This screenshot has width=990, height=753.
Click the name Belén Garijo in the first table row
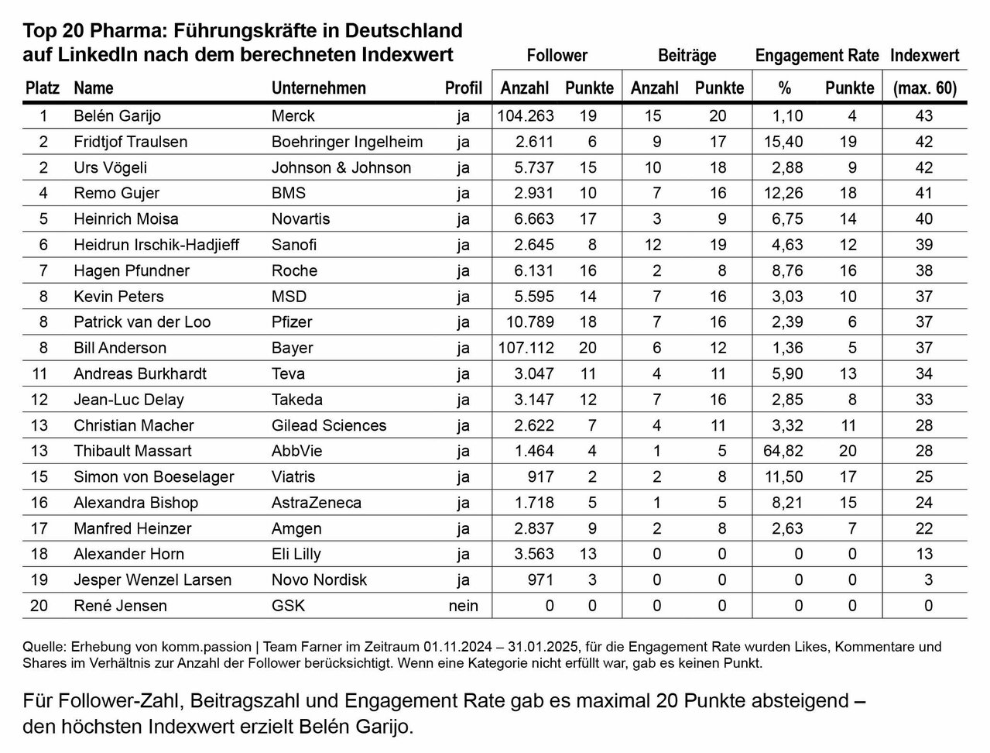click(x=117, y=116)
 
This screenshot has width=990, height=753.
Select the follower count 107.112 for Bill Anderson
click(x=525, y=348)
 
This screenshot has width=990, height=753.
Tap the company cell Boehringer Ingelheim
click(x=347, y=142)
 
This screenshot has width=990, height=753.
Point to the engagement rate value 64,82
click(x=785, y=451)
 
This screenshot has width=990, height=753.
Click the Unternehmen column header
click(x=318, y=88)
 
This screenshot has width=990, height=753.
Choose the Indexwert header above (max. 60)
click(x=924, y=56)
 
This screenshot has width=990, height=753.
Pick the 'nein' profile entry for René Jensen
click(x=463, y=606)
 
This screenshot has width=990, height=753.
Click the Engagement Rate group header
click(x=817, y=56)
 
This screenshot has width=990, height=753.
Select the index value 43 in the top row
click(x=923, y=116)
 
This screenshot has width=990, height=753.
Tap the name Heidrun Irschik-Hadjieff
click(x=156, y=245)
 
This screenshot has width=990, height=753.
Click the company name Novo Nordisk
click(x=319, y=579)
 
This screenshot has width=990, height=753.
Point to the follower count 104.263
click(x=525, y=116)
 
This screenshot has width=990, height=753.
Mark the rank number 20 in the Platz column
click(x=39, y=606)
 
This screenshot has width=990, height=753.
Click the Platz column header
click(x=42, y=88)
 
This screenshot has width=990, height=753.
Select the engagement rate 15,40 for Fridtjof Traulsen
click(x=785, y=142)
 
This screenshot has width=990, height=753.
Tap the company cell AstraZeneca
click(x=316, y=503)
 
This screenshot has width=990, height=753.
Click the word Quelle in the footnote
click(x=43, y=646)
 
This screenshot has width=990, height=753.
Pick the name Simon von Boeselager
click(x=153, y=476)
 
